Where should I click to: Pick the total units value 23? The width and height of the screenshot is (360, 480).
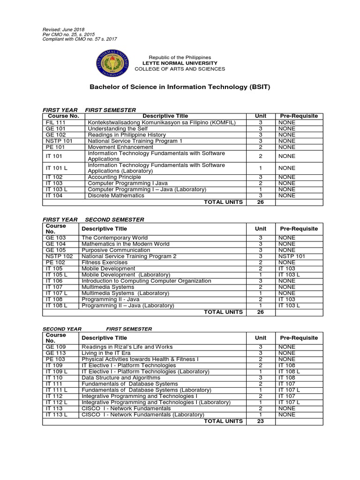pyautogui.click(x=260, y=421)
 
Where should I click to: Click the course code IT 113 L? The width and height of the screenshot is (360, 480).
pyautogui.click(x=56, y=414)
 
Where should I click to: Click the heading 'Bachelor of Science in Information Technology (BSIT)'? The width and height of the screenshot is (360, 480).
pyautogui.click(x=180, y=87)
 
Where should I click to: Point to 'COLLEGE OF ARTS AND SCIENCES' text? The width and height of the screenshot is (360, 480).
pyautogui.click(x=180, y=69)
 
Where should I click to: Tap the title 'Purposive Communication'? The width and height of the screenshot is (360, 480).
pyautogui.click(x=116, y=250)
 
